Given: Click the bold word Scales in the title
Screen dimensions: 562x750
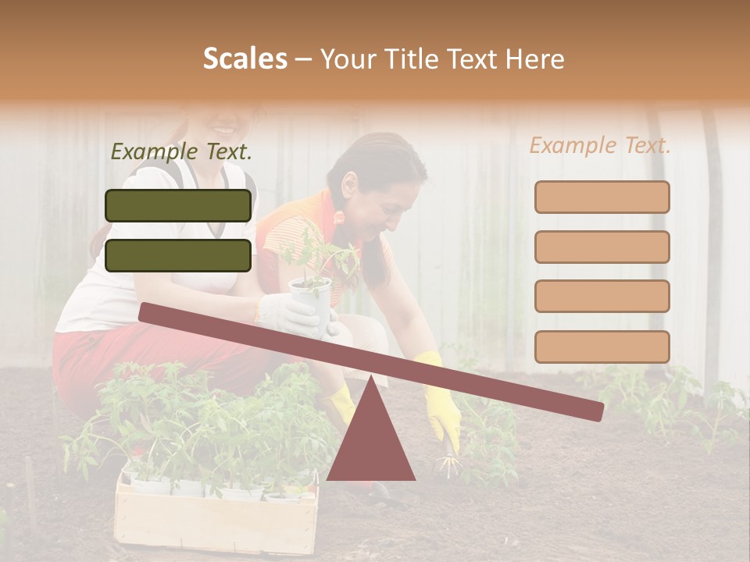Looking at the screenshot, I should tap(245, 59).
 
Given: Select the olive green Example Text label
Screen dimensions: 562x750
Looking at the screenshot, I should tap(181, 152).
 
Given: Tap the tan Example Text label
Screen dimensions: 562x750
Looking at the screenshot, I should tap(600, 145).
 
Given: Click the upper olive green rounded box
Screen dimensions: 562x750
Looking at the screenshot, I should tap(178, 205).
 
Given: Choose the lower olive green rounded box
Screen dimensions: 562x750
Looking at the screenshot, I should tap(178, 255).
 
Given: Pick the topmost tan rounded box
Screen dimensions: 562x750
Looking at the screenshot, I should tap(602, 197).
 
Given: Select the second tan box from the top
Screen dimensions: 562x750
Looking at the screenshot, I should tap(602, 247).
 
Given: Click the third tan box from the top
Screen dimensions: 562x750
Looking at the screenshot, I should tap(602, 297).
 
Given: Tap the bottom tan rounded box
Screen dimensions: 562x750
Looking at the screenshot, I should tap(602, 347).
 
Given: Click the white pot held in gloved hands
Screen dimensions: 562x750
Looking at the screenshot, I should tap(311, 301).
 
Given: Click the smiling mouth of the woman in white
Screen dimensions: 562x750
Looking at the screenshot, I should tap(224, 128).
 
